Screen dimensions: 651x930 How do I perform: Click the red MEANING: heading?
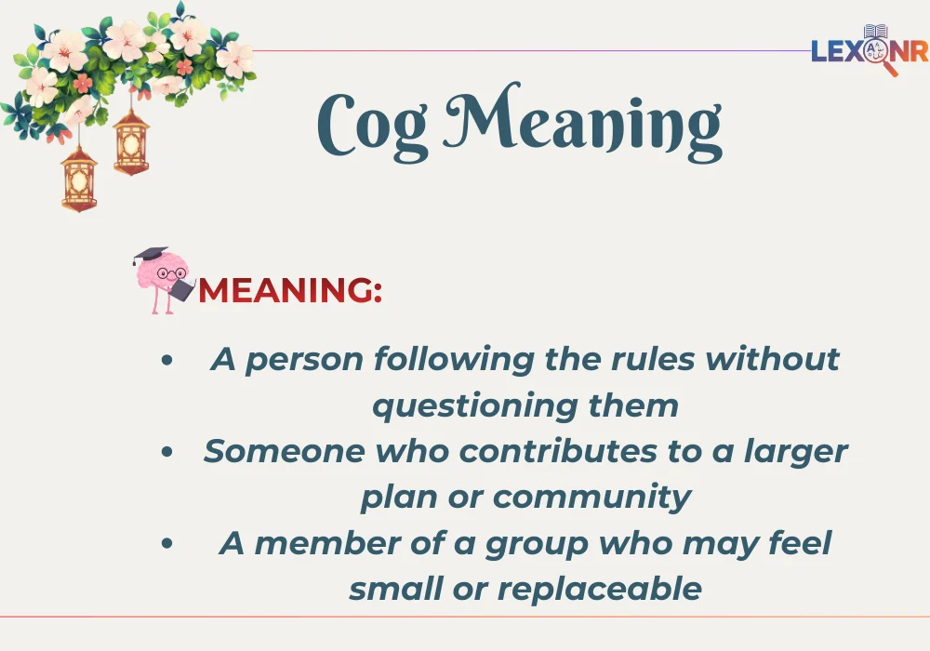[290, 290]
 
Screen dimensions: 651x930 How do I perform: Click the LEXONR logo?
[869, 50]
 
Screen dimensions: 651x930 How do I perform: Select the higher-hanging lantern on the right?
[131, 141]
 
